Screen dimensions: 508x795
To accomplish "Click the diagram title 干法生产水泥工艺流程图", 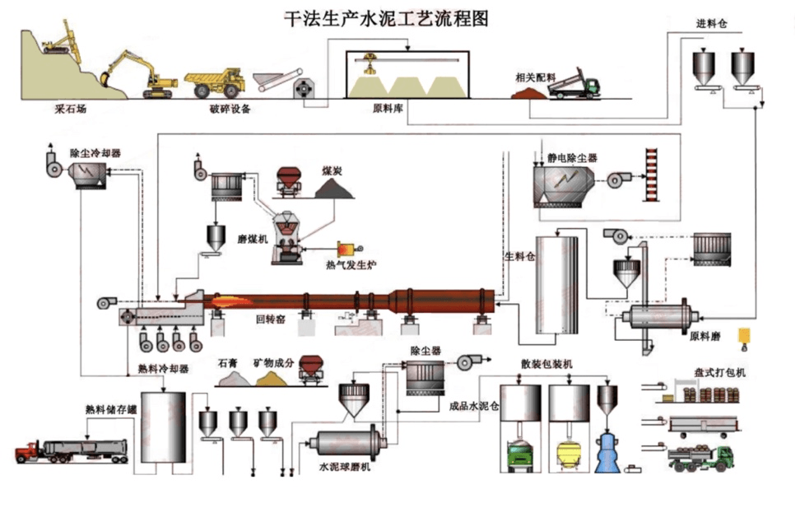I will click(386, 18).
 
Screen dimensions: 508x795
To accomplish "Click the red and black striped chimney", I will click(653, 175).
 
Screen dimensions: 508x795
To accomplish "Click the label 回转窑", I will click(271, 318).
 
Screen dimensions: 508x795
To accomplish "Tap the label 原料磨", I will click(705, 336).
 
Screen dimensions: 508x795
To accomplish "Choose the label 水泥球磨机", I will click(345, 467).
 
